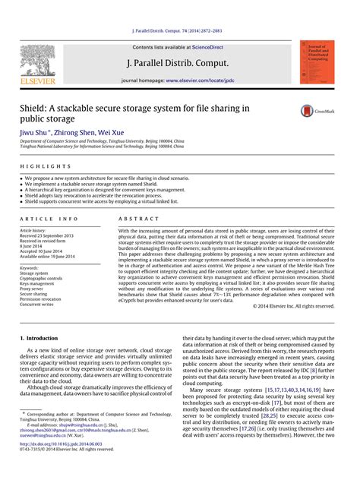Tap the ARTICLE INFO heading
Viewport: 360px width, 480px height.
point(48,218)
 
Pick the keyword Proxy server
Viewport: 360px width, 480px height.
point(32,289)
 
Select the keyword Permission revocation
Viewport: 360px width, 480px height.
point(41,299)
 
